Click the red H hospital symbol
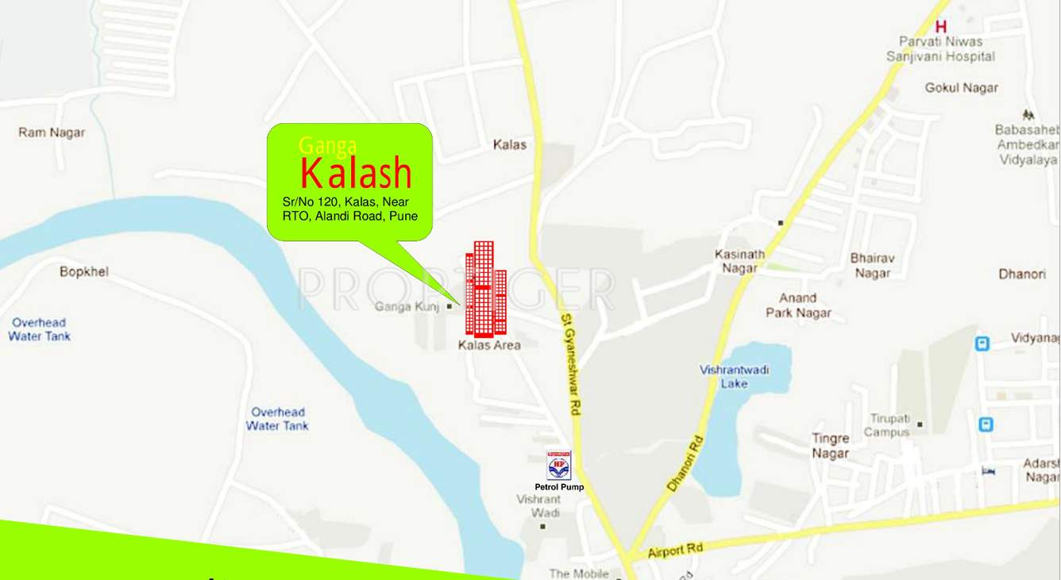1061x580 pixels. (941, 27)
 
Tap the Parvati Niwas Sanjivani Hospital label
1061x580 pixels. (940, 49)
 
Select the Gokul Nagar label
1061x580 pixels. (961, 88)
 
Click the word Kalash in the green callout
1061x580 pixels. (356, 174)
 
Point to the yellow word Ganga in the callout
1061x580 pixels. (327, 146)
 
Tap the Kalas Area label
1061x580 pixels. (489, 345)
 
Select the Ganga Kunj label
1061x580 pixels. (407, 306)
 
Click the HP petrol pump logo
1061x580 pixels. (558, 465)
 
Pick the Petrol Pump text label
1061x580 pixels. (558, 487)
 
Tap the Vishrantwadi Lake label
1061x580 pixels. (734, 377)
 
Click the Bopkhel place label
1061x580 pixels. (84, 272)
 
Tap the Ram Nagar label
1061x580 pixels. (52, 133)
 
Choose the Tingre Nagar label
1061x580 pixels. (830, 446)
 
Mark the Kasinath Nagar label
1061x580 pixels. (739, 261)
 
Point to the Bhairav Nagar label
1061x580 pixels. (872, 266)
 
